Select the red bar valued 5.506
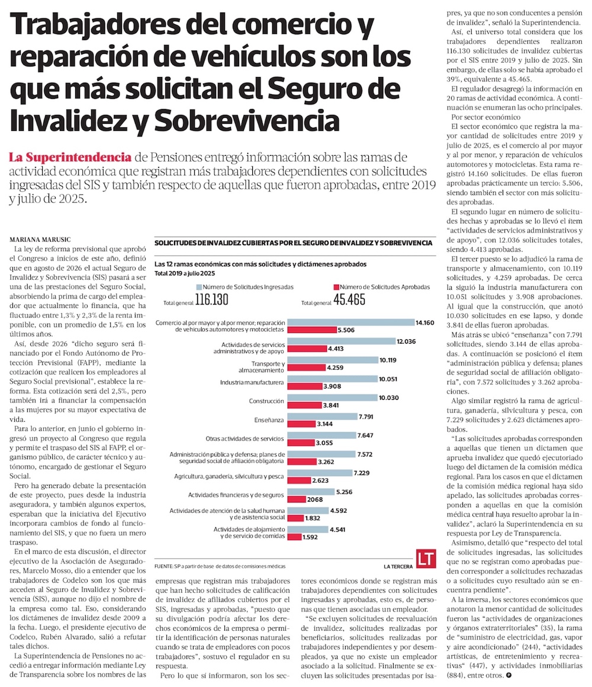311,329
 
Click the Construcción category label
266,401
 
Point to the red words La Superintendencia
70,158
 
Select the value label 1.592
311,537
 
